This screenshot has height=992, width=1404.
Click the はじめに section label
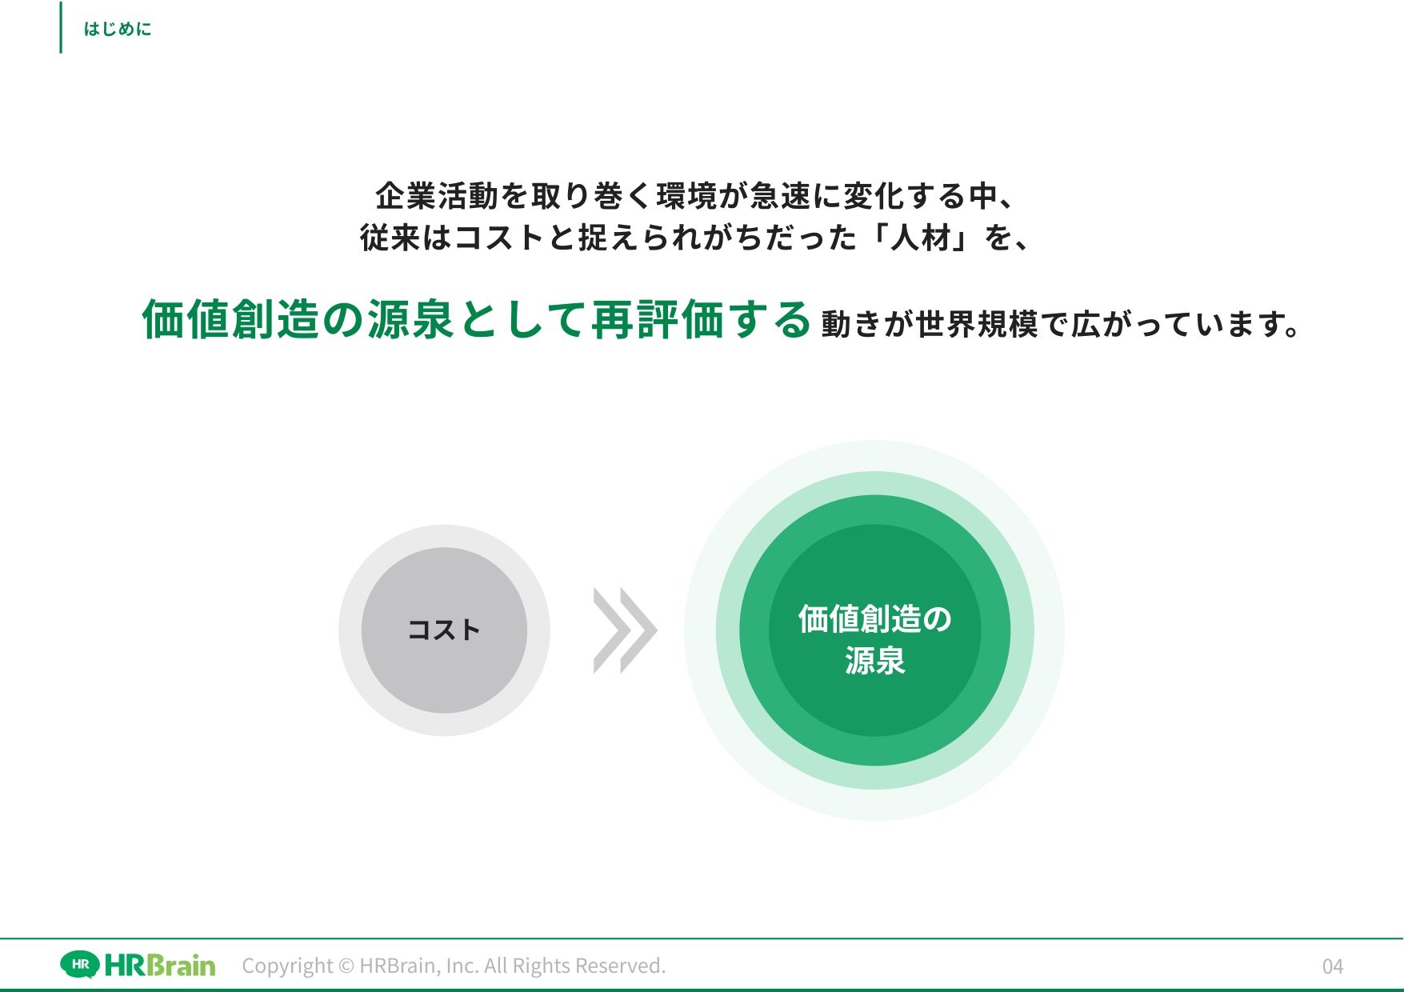tap(118, 30)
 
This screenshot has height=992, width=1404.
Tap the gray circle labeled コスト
tap(444, 630)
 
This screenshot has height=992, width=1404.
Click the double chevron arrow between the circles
tap(625, 630)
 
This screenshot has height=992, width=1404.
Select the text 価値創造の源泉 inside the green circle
tap(874, 640)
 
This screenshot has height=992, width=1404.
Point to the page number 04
tap(1333, 966)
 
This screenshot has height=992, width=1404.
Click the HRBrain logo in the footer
tap(138, 965)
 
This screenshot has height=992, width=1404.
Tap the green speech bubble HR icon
tap(81, 965)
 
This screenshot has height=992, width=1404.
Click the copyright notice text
tap(454, 966)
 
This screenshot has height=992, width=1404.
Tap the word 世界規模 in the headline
tap(978, 324)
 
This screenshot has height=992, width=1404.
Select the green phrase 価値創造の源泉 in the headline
tap(298, 320)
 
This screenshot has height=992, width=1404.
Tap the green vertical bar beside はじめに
tap(61, 27)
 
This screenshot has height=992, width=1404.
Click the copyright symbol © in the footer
tap(346, 966)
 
